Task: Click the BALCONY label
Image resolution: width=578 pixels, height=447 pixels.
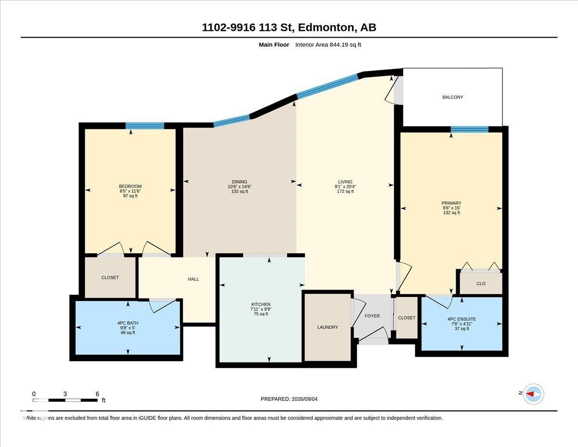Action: click(452, 97)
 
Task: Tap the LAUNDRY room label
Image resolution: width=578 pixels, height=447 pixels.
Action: click(328, 327)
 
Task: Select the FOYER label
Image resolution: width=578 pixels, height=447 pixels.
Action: click(372, 316)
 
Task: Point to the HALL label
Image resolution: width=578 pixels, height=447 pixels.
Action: click(193, 279)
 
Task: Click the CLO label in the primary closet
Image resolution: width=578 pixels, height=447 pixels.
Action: click(481, 284)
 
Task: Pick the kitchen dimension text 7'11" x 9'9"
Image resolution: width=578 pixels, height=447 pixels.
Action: click(261, 309)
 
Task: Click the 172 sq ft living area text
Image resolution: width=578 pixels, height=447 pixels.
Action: click(345, 191)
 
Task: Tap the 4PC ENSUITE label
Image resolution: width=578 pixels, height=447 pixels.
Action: click(462, 319)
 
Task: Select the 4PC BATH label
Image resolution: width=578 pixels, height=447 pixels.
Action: click(128, 323)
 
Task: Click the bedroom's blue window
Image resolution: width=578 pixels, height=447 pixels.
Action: click(145, 126)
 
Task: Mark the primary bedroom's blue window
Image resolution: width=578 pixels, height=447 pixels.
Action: click(470, 129)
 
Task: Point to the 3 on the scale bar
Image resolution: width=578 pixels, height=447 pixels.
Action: click(65, 394)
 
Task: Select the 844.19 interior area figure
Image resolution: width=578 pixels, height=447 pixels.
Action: click(339, 45)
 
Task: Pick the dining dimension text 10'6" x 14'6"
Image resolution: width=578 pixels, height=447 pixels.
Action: click(239, 187)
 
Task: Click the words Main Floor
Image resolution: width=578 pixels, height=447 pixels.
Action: click(274, 45)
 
